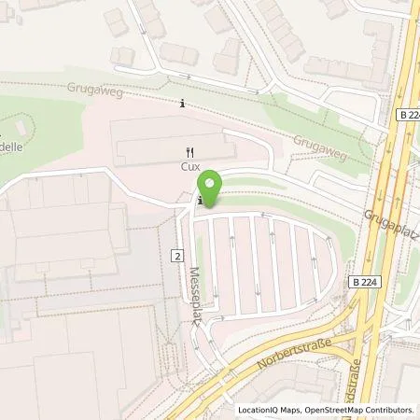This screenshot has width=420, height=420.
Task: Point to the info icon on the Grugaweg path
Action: click(x=183, y=104)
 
